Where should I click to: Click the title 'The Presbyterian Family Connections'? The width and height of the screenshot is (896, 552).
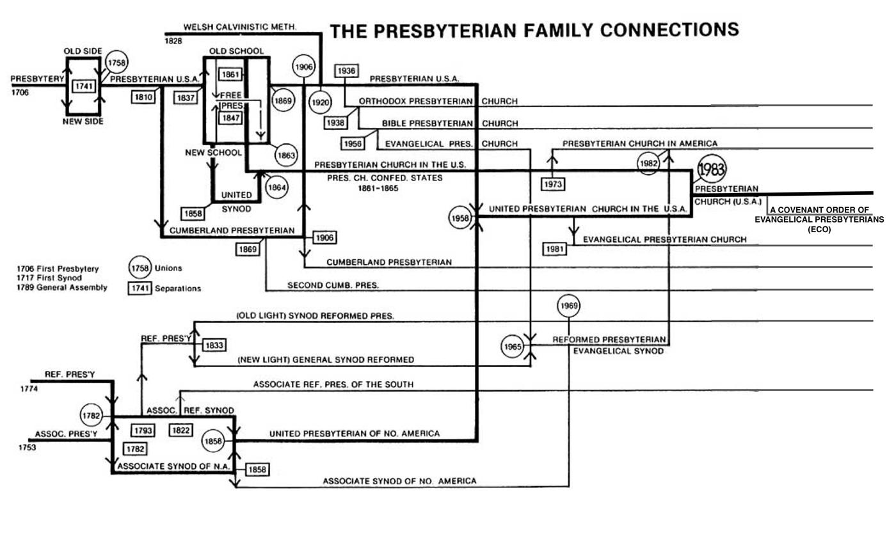point(534,30)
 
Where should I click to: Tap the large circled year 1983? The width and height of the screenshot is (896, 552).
point(711,170)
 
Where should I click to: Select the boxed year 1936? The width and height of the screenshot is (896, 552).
point(346,71)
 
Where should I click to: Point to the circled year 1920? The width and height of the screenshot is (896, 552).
point(320,102)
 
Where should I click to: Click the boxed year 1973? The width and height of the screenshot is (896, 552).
point(553,184)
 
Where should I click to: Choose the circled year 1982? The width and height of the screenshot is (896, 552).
point(648,164)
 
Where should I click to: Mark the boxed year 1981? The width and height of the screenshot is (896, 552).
point(555,249)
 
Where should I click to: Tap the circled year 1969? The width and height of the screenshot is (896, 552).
point(569,306)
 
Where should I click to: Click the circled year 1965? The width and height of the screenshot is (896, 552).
point(513,347)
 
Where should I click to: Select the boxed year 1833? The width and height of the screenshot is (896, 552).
point(214,345)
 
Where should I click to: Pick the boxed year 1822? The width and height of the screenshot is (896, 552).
point(180,430)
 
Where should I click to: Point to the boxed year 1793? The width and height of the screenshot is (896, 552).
point(143,430)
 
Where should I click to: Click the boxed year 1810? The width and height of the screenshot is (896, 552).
point(143,97)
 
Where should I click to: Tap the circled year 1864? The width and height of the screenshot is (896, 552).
point(276,187)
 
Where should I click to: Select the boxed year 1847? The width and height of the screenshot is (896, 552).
point(230,118)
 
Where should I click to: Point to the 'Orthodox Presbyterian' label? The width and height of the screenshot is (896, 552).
point(415,101)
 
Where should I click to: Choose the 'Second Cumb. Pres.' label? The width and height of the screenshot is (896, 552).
point(333,285)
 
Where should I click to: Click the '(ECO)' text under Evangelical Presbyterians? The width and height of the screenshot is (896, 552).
point(819,229)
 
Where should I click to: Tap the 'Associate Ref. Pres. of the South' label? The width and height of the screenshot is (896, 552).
point(333,384)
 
